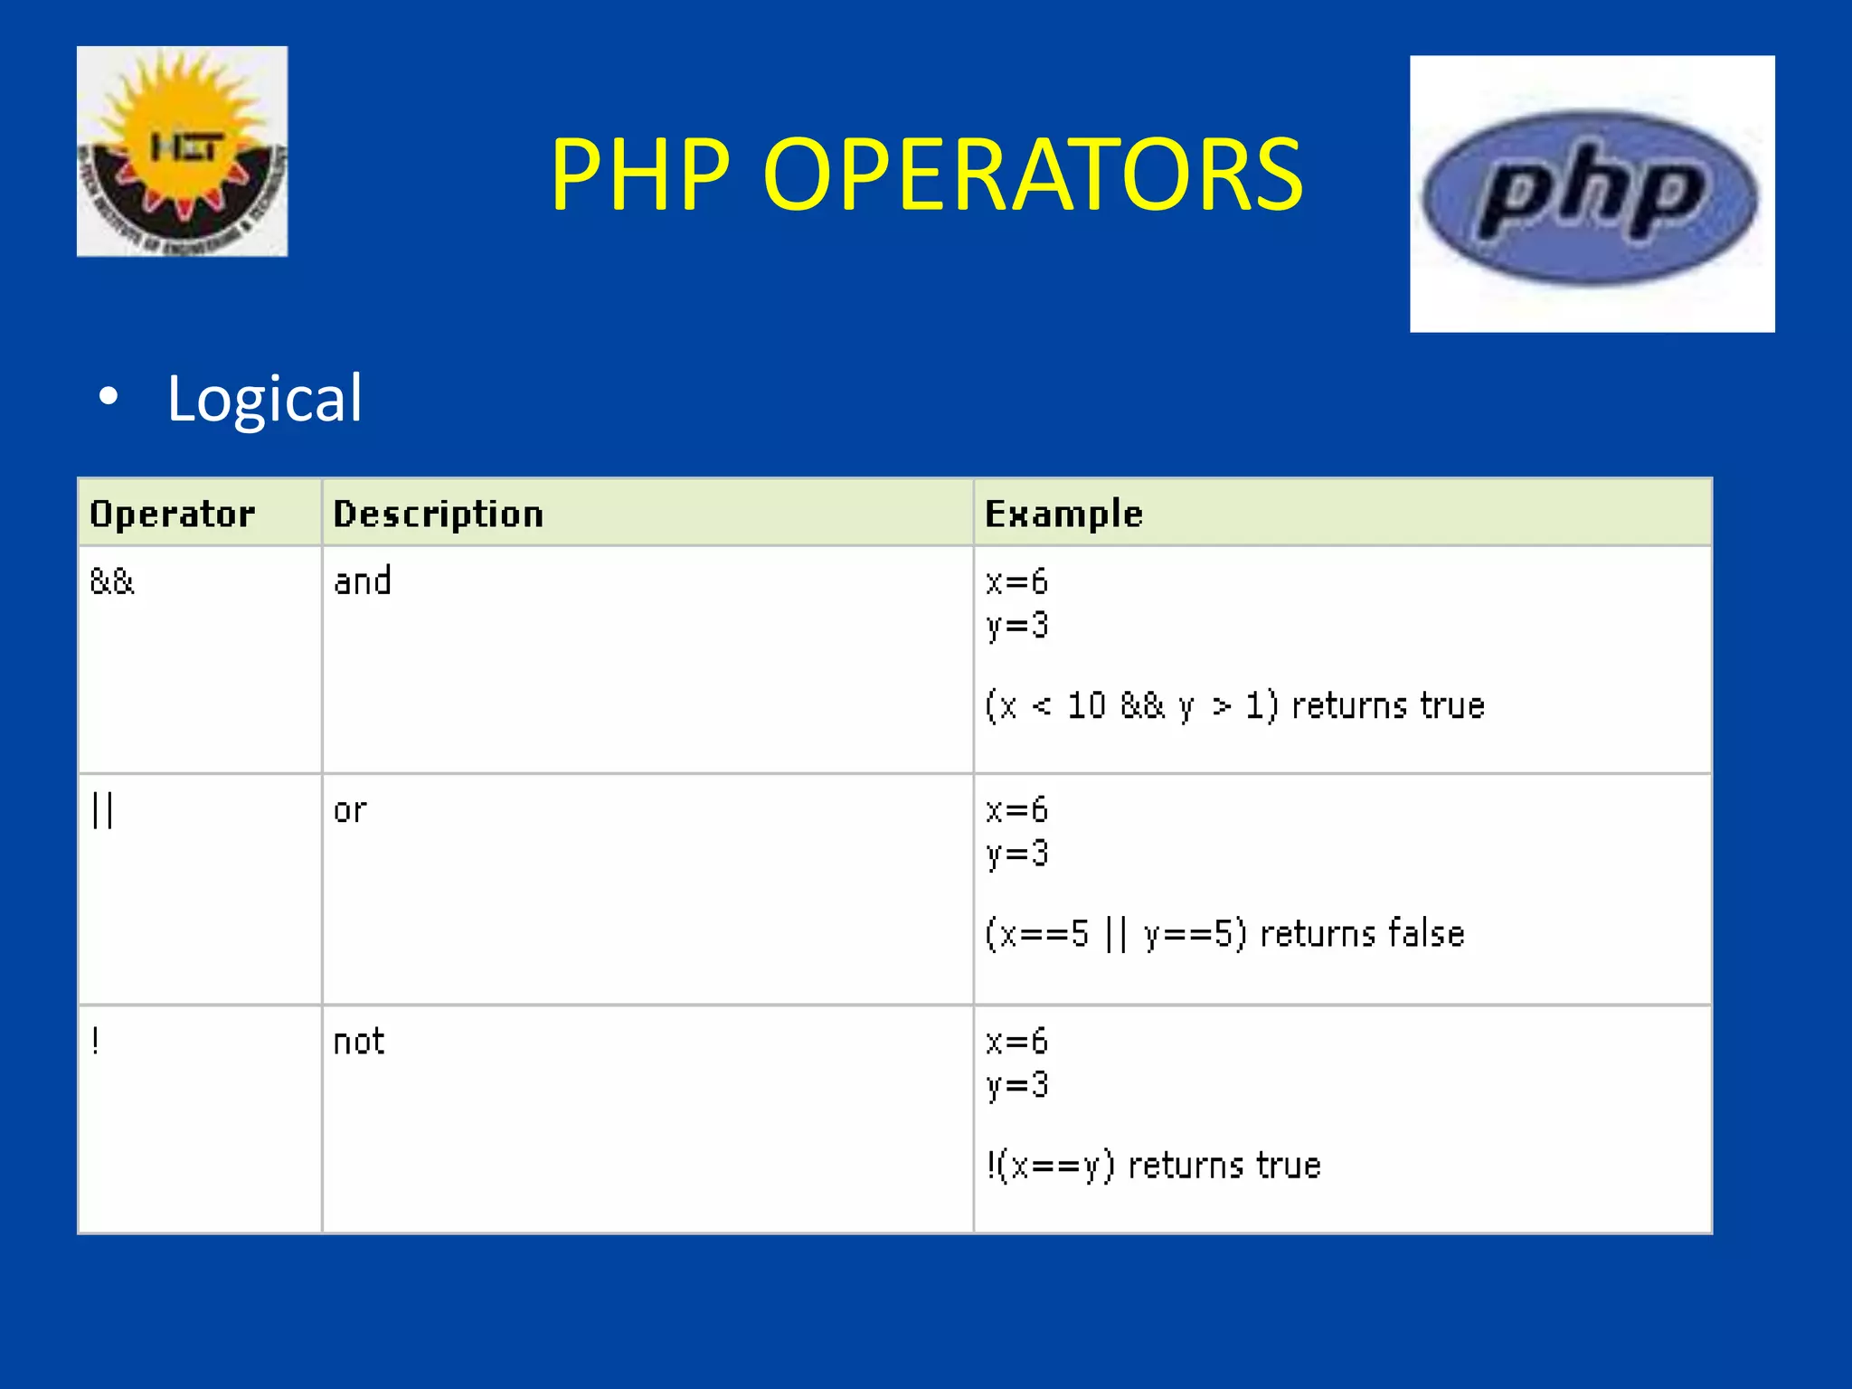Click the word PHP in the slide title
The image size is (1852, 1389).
pyautogui.click(x=640, y=174)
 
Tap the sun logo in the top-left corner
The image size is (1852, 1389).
pyautogui.click(x=182, y=151)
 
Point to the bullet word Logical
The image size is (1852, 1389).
pyautogui.click(x=264, y=398)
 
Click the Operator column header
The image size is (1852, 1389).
pyautogui.click(x=172, y=514)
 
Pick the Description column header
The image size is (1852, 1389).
pyautogui.click(x=439, y=514)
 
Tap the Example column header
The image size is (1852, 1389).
pyautogui.click(x=1063, y=514)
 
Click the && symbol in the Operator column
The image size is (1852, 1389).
pyautogui.click(x=112, y=581)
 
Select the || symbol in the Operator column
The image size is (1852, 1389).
pyautogui.click(x=102, y=810)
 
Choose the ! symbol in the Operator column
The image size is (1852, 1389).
pyautogui.click(x=95, y=1042)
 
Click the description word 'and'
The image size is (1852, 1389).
pyautogui.click(x=362, y=581)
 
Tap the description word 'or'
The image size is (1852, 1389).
pyautogui.click(x=350, y=810)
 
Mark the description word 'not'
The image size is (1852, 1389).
pyautogui.click(x=358, y=1042)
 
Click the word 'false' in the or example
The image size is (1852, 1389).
pyautogui.click(x=1425, y=933)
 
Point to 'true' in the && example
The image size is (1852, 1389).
pyautogui.click(x=1452, y=705)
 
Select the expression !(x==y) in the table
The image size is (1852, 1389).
pyautogui.click(x=1050, y=1166)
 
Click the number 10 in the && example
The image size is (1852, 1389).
pyautogui.click(x=1086, y=705)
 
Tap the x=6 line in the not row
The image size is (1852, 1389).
pyautogui.click(x=1016, y=1042)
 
